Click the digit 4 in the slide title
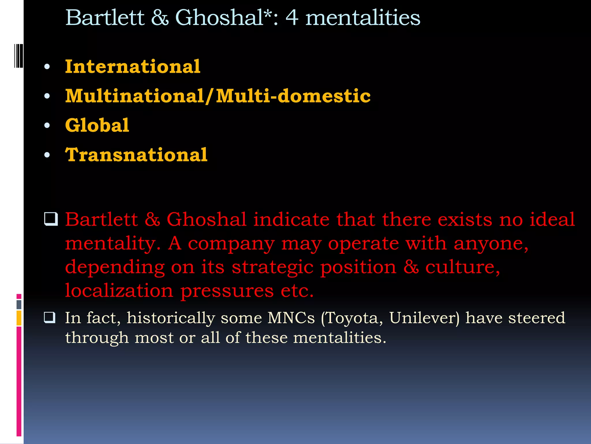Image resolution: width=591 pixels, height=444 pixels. point(292,18)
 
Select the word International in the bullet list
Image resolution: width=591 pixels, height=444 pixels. point(132,66)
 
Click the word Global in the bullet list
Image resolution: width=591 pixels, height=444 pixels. point(97,125)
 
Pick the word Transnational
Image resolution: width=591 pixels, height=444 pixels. point(136,155)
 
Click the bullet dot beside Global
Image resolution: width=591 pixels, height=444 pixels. point(47,125)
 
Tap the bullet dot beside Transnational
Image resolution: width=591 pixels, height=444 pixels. point(47,155)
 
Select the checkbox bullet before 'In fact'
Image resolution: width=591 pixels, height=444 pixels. point(50,317)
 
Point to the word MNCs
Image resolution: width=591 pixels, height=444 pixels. point(291,318)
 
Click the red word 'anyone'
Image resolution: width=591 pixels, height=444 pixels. point(491,243)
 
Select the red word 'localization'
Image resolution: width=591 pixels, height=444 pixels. point(119,291)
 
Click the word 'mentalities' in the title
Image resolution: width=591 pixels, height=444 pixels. point(363,18)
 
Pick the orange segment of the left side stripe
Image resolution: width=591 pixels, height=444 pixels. point(19,318)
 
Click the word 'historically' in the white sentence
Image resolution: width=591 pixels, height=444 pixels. point(171,318)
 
